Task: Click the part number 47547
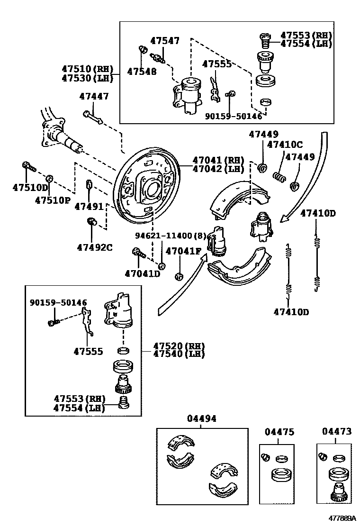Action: pos(165,41)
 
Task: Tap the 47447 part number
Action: pos(94,96)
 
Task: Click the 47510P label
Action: pos(52,200)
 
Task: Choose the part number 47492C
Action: pos(95,246)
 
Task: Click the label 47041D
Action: pos(143,273)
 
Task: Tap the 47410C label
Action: pos(284,145)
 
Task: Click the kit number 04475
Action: pos(279,432)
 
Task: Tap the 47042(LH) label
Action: pos(218,169)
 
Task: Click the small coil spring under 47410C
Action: pos(279,177)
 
